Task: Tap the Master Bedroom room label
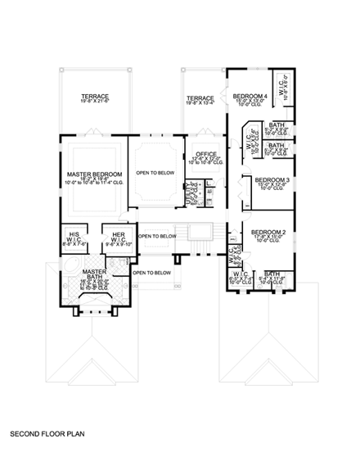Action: coord(95,174)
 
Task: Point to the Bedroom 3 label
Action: coord(272,179)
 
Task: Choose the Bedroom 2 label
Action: coord(268,233)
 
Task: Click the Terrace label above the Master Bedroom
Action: coord(95,97)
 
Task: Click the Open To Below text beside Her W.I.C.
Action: coord(156,236)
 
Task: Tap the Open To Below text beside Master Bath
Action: coord(151,272)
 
